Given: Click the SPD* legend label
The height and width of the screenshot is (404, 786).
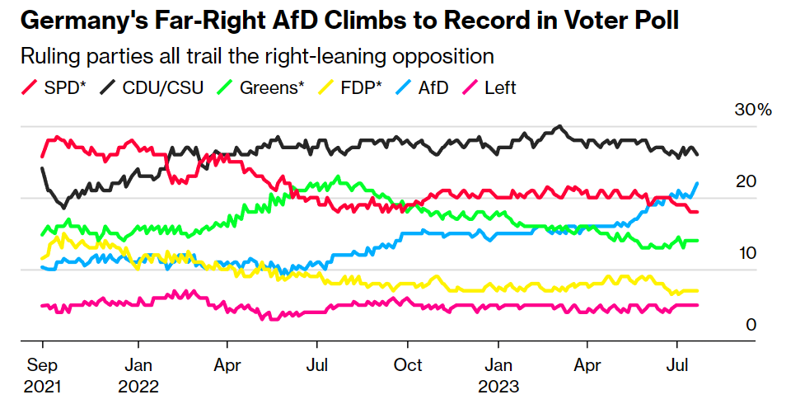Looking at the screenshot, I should pos(66,87).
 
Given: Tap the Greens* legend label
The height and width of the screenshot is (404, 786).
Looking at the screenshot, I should pos(271,87).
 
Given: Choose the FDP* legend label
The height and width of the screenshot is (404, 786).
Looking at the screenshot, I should pos(363,87).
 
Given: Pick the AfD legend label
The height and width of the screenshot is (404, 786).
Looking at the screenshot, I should pos(433,87).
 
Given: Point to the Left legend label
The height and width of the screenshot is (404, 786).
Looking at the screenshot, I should pos(501,87).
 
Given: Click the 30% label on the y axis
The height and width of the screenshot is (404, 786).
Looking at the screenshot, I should pos(752,110).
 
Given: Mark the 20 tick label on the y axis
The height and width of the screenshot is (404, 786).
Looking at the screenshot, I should pos(746,181).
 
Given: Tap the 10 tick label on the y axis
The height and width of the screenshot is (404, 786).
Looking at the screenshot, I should pos(746,253).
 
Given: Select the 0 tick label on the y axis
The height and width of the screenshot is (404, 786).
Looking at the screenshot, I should pos(751,325).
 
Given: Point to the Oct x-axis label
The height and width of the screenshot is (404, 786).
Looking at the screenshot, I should pos(408,364).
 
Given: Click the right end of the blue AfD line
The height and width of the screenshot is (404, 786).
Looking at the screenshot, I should pos(697,183).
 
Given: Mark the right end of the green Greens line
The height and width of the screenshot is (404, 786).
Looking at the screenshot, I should pos(697,241).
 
